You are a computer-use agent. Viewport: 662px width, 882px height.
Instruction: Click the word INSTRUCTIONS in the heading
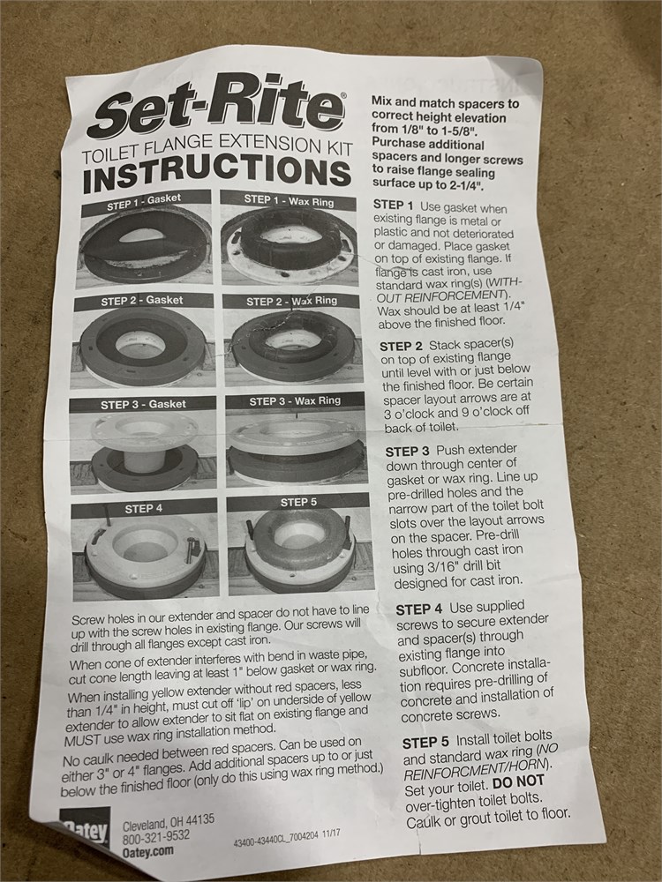[x=217, y=172]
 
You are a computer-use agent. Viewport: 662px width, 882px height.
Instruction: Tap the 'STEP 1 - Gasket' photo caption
[x=145, y=201]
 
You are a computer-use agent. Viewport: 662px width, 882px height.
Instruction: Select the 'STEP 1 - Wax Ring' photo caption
[x=289, y=200]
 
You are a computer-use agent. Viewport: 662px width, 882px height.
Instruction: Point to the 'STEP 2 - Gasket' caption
[x=142, y=301]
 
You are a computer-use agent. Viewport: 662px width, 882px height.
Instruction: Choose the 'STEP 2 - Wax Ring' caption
[x=291, y=301]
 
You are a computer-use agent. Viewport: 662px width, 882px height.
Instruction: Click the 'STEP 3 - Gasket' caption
[x=143, y=405]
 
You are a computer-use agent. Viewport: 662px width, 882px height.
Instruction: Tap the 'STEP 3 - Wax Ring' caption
[x=295, y=401]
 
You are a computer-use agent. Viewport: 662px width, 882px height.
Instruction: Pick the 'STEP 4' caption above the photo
[x=144, y=509]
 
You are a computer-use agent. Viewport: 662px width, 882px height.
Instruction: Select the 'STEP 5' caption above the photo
[x=298, y=502]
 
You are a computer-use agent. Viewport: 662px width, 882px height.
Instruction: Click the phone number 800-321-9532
[x=156, y=837]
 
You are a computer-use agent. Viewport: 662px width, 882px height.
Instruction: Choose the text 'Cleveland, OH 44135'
[x=169, y=822]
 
